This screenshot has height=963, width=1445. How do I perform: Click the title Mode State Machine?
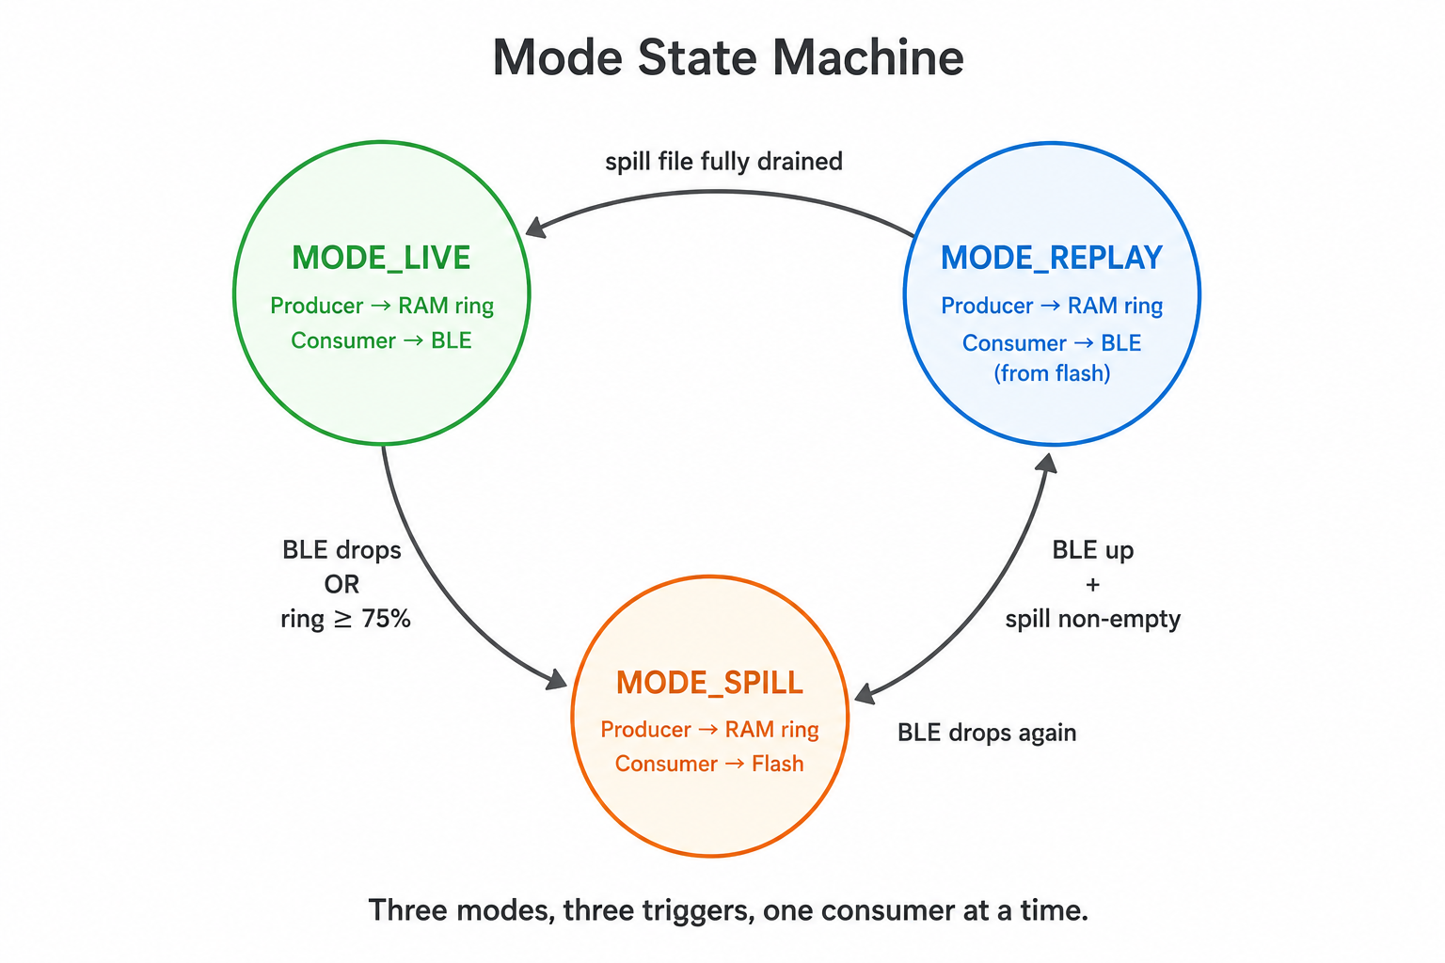(x=727, y=58)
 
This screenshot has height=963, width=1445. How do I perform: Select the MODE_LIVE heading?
(x=381, y=258)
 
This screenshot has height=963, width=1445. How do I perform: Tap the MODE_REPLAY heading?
(x=1052, y=258)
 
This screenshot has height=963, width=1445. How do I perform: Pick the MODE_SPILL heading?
(x=709, y=683)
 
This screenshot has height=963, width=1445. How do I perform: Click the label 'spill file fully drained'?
(x=723, y=161)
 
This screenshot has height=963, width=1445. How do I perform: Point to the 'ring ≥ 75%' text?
(x=345, y=619)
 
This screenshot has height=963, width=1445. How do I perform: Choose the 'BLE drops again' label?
(x=987, y=733)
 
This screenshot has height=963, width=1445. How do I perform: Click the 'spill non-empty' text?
(x=1093, y=619)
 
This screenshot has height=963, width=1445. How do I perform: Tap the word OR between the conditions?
(x=341, y=584)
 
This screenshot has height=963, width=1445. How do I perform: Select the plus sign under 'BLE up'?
(x=1093, y=585)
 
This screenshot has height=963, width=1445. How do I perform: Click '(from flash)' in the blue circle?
(x=1052, y=373)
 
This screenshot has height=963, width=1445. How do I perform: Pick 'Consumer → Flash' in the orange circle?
(x=709, y=764)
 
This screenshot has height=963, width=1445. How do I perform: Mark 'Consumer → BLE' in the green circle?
(x=381, y=340)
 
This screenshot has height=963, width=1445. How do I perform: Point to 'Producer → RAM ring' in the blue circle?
(x=1052, y=306)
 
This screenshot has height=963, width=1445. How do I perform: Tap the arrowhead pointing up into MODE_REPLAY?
(x=1047, y=463)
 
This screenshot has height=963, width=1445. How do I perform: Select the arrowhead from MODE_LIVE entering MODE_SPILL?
(x=557, y=681)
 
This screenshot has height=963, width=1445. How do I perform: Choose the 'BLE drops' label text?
(x=341, y=550)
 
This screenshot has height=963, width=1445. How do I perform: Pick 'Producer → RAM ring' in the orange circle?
(x=709, y=730)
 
